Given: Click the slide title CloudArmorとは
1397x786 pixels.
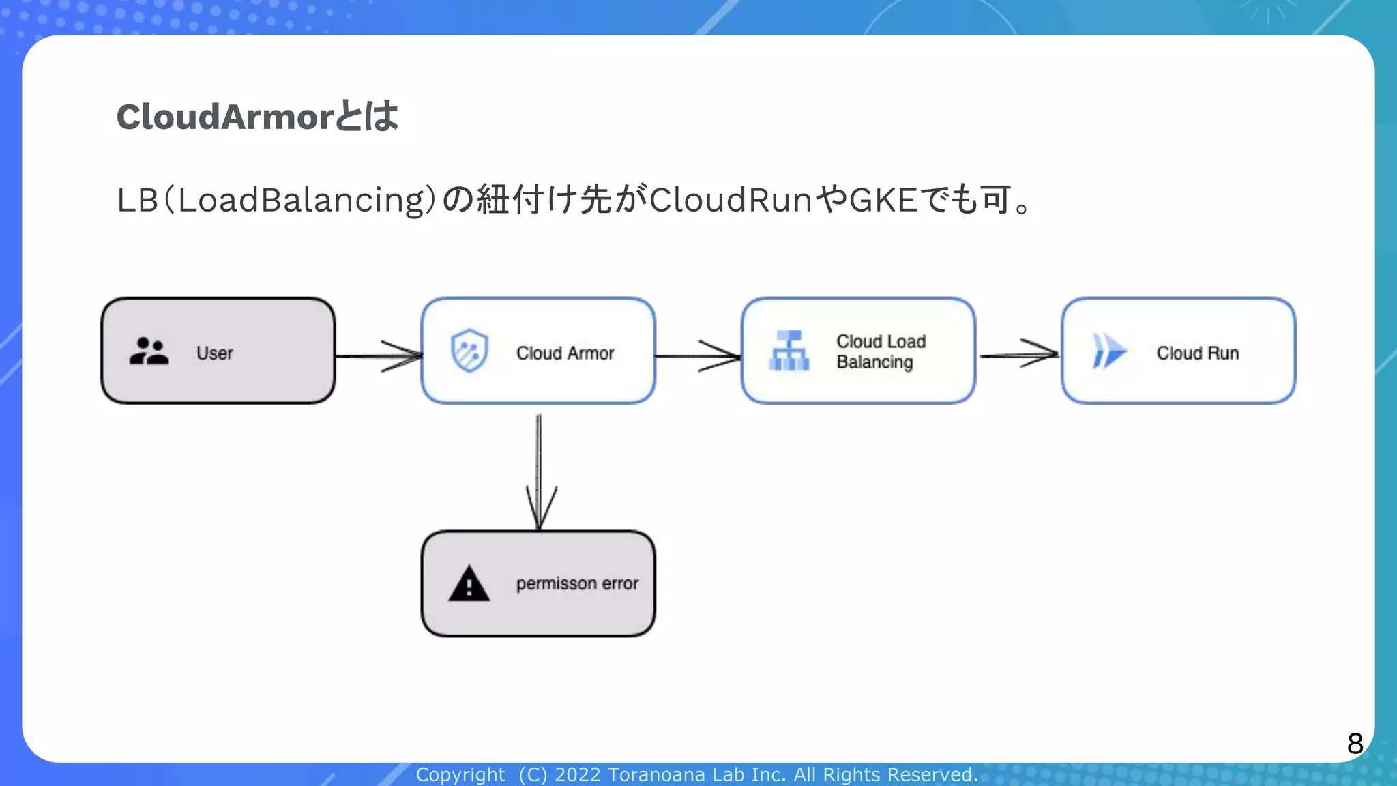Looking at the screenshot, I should tap(257, 117).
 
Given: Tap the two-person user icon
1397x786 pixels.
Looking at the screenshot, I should tap(149, 351).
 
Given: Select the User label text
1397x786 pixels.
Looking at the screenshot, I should tap(214, 353).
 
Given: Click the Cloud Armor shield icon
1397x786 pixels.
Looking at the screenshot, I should tap(469, 351).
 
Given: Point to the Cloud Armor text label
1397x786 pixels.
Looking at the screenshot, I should tap(565, 353).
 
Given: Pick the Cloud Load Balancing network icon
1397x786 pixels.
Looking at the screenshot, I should tap(789, 351).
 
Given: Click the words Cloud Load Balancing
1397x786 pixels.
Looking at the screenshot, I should tap(880, 351).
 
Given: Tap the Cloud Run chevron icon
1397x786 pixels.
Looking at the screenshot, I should tap(1108, 351).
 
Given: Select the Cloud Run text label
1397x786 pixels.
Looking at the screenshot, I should tap(1197, 353).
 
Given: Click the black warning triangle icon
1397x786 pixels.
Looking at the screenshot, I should tap(469, 584).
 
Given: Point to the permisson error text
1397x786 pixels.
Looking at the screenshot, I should tap(577, 583).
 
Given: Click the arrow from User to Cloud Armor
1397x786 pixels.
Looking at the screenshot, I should tap(379, 356).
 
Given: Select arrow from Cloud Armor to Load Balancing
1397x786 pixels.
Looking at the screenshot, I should tap(698, 355).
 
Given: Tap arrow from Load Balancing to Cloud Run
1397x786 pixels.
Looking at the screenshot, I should tap(1018, 354).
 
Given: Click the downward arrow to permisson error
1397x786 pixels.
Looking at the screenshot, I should tap(539, 471).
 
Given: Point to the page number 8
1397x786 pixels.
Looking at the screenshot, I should tap(1355, 743).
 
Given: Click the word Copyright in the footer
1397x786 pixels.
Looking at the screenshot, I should tap(460, 775).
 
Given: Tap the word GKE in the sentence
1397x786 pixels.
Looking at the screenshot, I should tap(883, 200).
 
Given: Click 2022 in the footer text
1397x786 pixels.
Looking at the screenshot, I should tap(577, 775).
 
